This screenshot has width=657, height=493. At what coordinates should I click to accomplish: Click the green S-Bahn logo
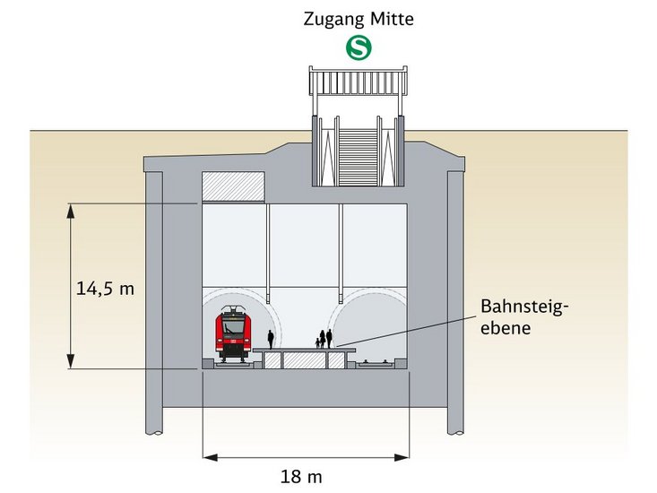point(359,49)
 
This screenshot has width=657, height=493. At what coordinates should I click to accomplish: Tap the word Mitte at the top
point(393,19)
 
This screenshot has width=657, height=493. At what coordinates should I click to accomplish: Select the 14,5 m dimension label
point(104,288)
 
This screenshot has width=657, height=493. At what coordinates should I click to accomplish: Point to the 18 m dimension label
point(302,476)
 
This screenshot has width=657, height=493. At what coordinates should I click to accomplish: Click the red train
point(233,335)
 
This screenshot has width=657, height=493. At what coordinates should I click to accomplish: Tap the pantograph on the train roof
point(233,310)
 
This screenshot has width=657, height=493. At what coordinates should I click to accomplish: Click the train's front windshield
point(233,324)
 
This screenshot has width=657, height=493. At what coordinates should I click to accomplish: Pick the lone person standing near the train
point(270,339)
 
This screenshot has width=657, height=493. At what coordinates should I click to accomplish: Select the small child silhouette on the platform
point(317,342)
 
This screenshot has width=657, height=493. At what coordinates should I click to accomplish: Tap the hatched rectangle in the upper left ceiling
point(233,186)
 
